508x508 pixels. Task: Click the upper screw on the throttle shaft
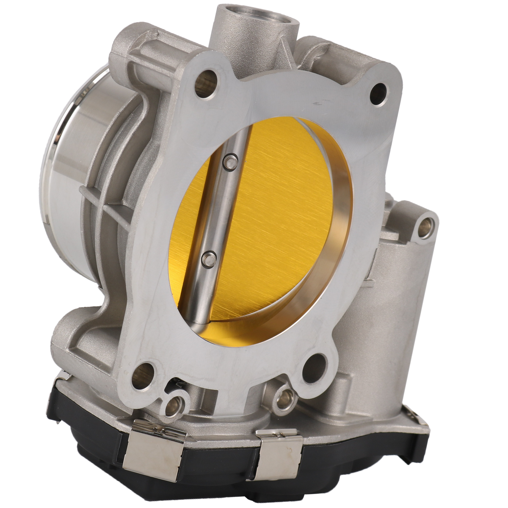(x=230, y=161)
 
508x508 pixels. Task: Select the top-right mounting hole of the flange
(x=378, y=93)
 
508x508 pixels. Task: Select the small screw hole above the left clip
(x=172, y=406)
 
